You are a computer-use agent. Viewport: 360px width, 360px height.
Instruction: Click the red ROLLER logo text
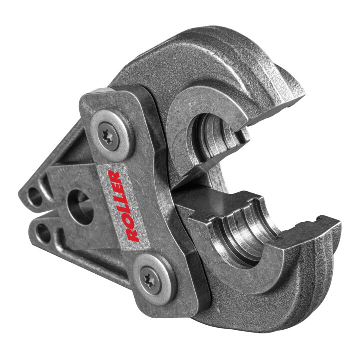123,206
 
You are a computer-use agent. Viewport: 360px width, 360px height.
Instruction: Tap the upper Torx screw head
108,137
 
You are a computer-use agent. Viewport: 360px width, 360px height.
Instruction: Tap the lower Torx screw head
150,280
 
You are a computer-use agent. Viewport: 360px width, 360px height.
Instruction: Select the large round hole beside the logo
81,207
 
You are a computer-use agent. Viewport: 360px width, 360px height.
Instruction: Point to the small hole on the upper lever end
35,197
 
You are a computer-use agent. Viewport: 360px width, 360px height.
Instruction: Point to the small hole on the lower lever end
43,233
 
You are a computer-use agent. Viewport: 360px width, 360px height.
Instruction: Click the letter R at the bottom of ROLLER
134,235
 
